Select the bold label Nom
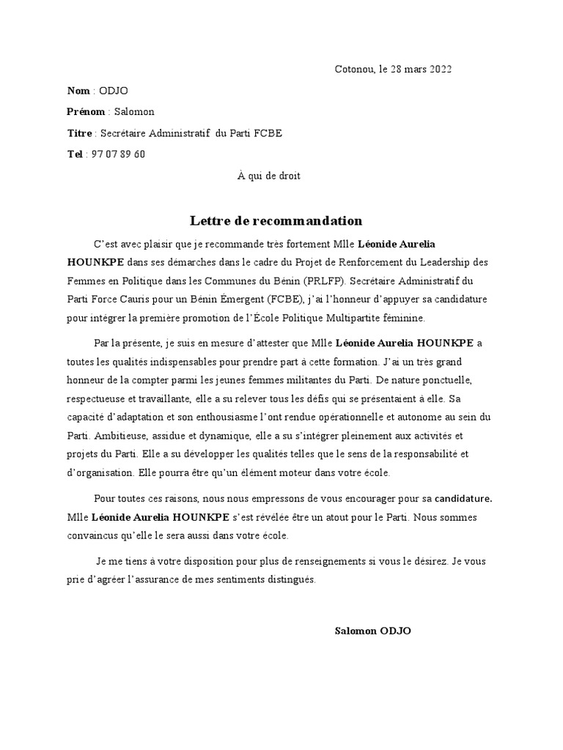78,91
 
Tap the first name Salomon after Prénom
134,112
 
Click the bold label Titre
79,133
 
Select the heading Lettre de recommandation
276,221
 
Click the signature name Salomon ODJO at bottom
372,631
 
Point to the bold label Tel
75,155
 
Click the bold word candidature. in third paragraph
463,500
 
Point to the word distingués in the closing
290,580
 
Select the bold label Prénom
86,112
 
